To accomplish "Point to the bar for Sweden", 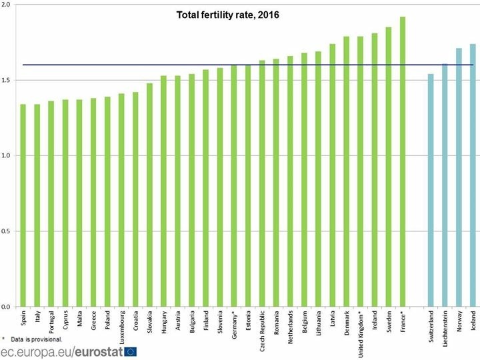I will (x=389, y=167).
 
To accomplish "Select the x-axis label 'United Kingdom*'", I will (x=361, y=325).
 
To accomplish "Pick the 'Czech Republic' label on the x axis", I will (x=262, y=325).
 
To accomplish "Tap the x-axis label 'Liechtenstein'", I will (x=445, y=323).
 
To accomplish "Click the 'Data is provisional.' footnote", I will (x=36, y=339).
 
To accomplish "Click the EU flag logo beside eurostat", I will (x=130, y=352).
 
